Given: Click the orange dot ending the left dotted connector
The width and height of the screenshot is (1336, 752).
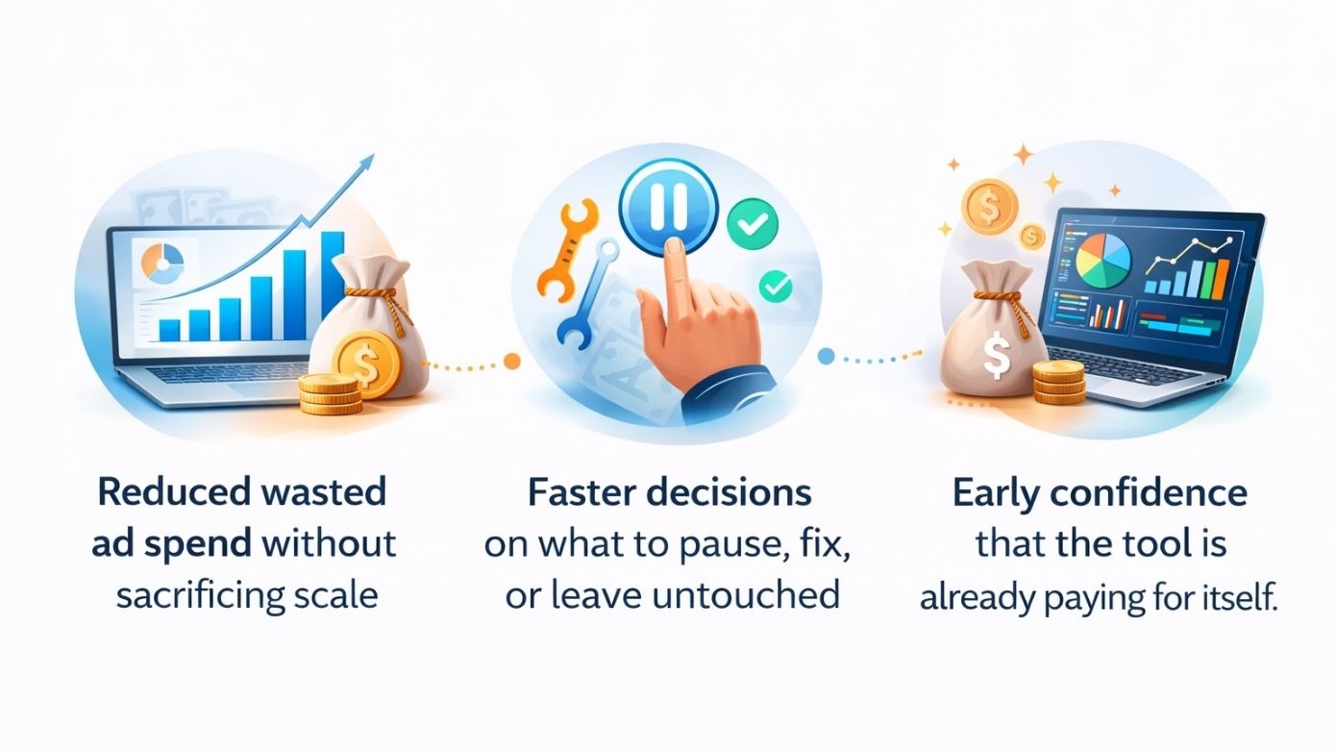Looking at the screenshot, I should click(512, 362).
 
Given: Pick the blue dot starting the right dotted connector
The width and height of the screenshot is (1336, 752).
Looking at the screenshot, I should click(826, 357).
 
